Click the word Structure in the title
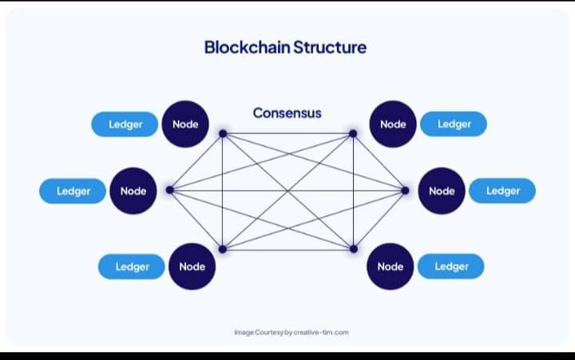pos(330,47)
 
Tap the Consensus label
pos(287,113)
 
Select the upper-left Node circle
pos(185,125)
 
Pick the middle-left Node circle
pos(133,191)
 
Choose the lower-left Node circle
pos(192,267)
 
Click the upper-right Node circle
pos(393,125)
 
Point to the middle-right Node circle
pos(442,191)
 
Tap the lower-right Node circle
pos(390,267)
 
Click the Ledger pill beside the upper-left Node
pos(125,125)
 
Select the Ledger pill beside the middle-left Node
pos(73,191)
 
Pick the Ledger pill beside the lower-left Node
pos(132,267)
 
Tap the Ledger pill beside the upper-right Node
pos(454,125)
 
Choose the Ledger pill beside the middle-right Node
pos(502,191)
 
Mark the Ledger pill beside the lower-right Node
pos(451,267)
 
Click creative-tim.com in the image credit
pos(321,332)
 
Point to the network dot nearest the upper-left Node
pos(223,133)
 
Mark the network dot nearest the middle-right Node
pos(405,190)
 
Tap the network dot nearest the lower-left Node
pos(223,249)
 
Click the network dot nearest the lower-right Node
pos(352,249)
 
